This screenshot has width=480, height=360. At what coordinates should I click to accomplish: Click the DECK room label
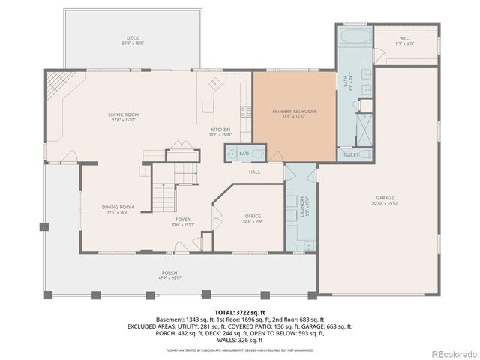(132, 39)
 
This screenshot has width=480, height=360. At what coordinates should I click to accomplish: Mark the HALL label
(255, 172)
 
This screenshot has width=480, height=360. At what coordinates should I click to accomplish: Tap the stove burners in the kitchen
(244, 112)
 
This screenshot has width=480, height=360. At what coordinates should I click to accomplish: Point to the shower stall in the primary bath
(362, 128)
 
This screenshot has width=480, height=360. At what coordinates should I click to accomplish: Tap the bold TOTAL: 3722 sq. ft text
(240, 311)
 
